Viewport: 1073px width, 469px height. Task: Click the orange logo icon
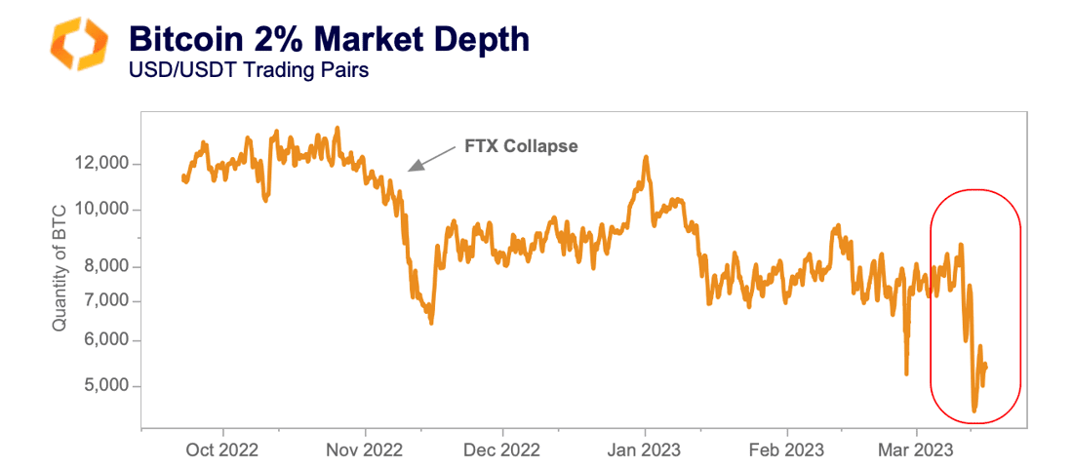pyautogui.click(x=78, y=44)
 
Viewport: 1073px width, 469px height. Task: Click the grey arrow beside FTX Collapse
pyautogui.click(x=430, y=158)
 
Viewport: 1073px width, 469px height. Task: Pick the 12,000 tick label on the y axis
pyautogui.click(x=100, y=164)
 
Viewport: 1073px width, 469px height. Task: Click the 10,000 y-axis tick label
pyautogui.click(x=100, y=210)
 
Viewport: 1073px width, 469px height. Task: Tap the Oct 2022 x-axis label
pyautogui.click(x=222, y=449)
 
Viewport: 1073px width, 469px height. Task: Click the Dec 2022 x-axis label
pyautogui.click(x=503, y=449)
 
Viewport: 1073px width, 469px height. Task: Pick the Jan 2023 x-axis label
pyautogui.click(x=645, y=449)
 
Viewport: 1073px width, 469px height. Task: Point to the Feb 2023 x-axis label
pyautogui.click(x=786, y=449)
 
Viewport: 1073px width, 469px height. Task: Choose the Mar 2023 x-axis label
pyautogui.click(x=916, y=449)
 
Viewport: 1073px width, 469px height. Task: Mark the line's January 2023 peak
pyautogui.click(x=646, y=157)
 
